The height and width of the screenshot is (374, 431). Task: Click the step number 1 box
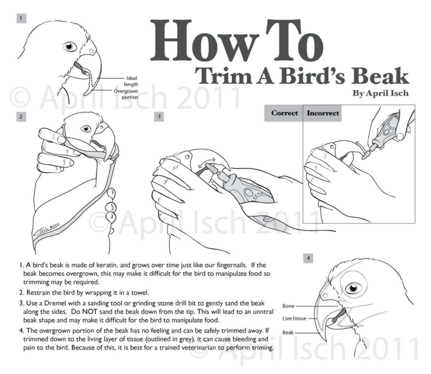pyautogui.click(x=21, y=19)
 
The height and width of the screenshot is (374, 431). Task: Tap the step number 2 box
pyautogui.click(x=21, y=117)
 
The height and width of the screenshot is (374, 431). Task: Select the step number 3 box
pyautogui.click(x=159, y=116)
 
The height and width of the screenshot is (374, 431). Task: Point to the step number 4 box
pyautogui.click(x=308, y=258)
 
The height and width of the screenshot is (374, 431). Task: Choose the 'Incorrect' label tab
pyautogui.click(x=322, y=113)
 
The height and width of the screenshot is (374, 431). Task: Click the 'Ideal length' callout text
pyautogui.click(x=131, y=81)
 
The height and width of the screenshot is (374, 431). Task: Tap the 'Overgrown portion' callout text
pyautogui.click(x=126, y=94)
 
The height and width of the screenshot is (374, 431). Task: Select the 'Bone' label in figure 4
pyautogui.click(x=288, y=306)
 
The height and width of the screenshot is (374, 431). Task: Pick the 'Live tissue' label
pyautogui.click(x=294, y=318)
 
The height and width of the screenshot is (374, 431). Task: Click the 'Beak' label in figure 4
pyautogui.click(x=288, y=332)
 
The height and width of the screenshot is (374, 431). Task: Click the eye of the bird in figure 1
pyautogui.click(x=70, y=46)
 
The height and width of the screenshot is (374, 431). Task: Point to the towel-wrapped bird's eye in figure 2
pyautogui.click(x=86, y=128)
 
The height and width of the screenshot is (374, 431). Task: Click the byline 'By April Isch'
pyautogui.click(x=380, y=93)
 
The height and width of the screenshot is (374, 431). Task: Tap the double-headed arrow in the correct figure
pyautogui.click(x=207, y=163)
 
